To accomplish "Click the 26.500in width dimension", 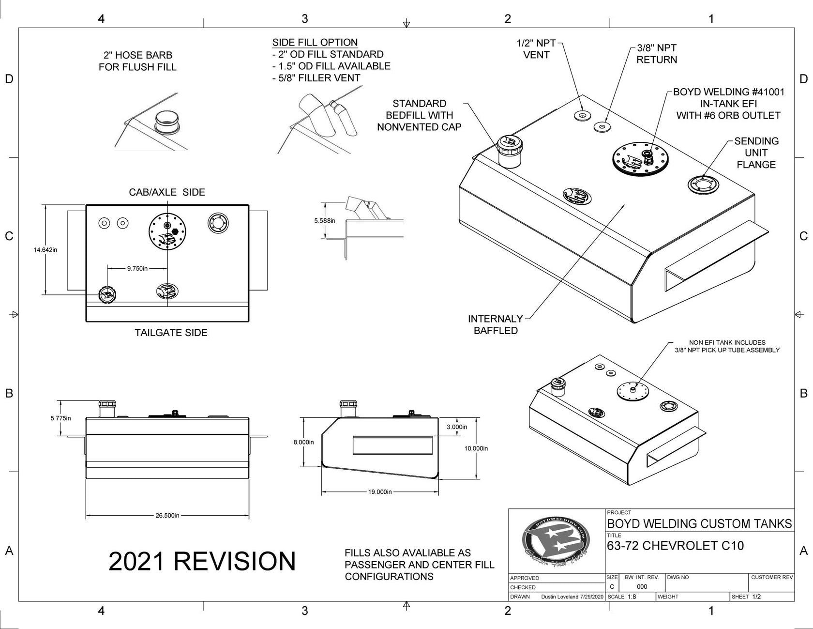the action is [x=167, y=516].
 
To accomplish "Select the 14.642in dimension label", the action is [x=45, y=250].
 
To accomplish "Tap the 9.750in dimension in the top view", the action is [x=137, y=268].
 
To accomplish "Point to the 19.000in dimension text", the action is [x=380, y=492].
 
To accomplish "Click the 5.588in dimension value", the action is [x=324, y=221].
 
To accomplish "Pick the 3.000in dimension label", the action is [x=457, y=427].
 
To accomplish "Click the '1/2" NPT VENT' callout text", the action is [x=536, y=49].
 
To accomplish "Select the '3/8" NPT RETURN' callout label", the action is [x=657, y=54].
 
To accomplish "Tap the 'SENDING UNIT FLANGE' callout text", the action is [x=756, y=153].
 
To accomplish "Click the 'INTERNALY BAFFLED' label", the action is [x=496, y=325].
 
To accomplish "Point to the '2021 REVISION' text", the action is [x=202, y=561].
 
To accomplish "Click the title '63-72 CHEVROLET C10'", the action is [x=675, y=546].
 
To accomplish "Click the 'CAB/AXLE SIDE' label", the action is [x=167, y=192].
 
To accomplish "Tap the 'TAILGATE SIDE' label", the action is [x=171, y=333].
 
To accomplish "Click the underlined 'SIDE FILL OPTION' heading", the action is [x=315, y=43].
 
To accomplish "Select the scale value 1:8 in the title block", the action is [x=632, y=597].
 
